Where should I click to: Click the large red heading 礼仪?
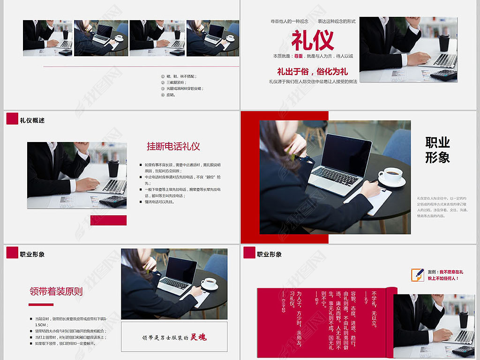(x=313, y=40)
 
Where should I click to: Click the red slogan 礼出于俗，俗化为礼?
(x=312, y=72)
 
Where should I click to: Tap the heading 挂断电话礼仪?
(x=173, y=146)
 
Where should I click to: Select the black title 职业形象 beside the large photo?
(x=437, y=150)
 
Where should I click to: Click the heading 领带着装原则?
(x=56, y=291)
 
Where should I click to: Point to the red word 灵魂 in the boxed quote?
(x=198, y=337)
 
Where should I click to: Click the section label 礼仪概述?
(x=32, y=120)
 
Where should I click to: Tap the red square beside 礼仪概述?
(x=12, y=119)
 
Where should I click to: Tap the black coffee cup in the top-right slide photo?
(x=443, y=42)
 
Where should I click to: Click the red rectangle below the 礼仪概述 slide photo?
(x=108, y=220)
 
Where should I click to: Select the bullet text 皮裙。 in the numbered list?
(x=171, y=95)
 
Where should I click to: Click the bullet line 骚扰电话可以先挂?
(x=159, y=202)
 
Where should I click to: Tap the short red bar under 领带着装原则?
(x=41, y=305)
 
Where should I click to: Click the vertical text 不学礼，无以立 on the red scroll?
(x=374, y=309)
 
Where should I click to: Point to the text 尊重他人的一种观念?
(x=289, y=22)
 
